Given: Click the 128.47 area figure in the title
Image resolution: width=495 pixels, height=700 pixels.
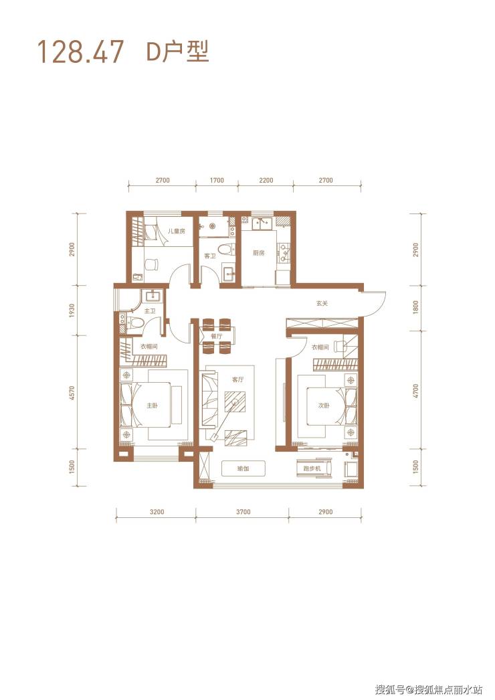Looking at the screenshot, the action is tap(80, 52).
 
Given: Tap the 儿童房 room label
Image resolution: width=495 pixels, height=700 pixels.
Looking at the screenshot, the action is tap(176, 232).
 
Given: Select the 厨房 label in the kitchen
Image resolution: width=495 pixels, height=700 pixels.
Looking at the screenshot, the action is tap(258, 253).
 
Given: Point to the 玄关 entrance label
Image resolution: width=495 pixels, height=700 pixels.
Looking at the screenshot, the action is tap(322, 304).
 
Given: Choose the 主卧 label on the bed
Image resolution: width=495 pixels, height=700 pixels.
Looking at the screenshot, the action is tap(153, 406).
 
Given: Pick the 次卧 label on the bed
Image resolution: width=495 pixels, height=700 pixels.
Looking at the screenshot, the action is tap(324, 406).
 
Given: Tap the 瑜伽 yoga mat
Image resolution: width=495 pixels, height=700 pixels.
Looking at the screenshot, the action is tap(243, 468).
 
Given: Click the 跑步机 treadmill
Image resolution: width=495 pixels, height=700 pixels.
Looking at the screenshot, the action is tap(314, 468).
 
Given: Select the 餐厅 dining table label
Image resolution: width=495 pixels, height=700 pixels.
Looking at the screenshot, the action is tap(217, 336).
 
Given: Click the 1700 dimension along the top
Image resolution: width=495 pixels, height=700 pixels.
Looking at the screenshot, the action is tap(217, 181).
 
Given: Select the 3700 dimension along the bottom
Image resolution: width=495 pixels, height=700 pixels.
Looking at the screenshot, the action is tap(243, 511).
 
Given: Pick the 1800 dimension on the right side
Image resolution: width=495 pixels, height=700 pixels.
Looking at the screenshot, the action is tap(415, 308).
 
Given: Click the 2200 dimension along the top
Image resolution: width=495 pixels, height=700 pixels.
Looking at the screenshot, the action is tap(266, 181).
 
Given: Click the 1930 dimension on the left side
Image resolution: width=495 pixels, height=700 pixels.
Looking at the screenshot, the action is tap(73, 311).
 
